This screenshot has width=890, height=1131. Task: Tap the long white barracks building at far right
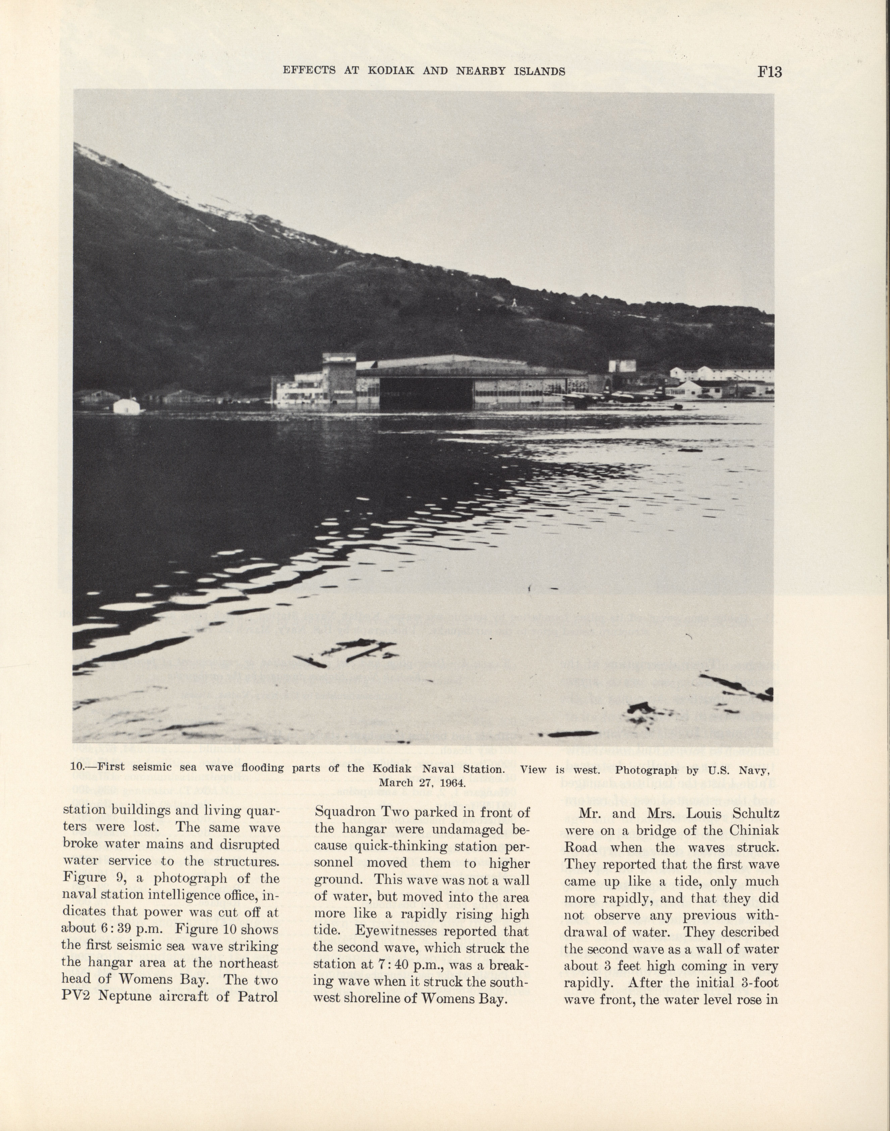point(722,374)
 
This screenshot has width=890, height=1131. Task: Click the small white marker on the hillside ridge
point(514,302)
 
